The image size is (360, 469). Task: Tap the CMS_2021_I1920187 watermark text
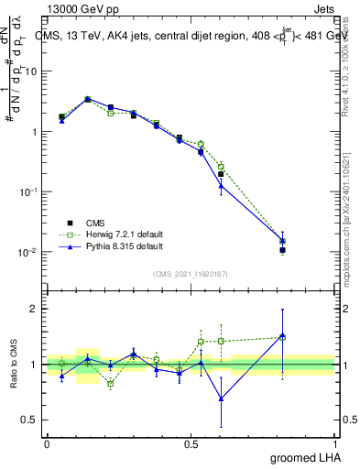tap(191, 274)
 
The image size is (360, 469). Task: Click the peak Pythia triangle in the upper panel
tap(88, 99)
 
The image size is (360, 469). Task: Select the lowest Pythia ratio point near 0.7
tap(221, 398)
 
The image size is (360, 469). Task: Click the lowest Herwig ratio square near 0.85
tap(111, 383)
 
